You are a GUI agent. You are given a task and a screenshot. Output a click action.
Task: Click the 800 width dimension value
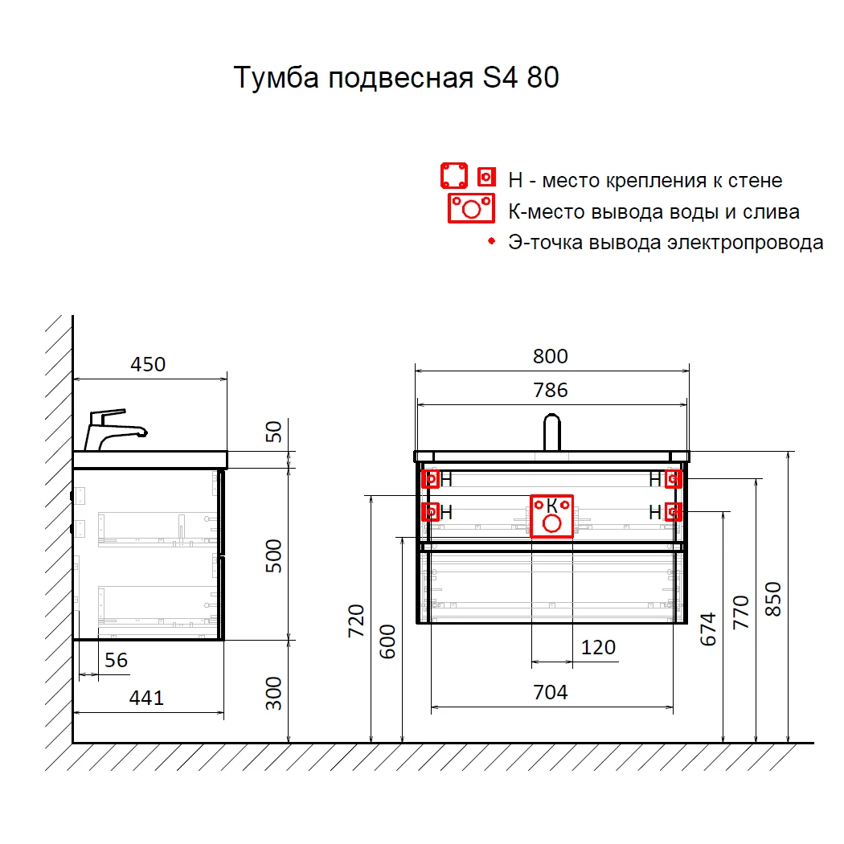tap(551, 356)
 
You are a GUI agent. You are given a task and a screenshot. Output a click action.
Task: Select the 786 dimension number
tap(551, 390)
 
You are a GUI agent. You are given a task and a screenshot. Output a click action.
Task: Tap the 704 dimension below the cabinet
tap(551, 692)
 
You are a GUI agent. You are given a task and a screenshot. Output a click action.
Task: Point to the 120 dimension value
tap(598, 647)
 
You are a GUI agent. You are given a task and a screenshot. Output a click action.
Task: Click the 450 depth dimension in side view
tap(148, 364)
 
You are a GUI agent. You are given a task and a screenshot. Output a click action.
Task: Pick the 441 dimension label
tap(146, 699)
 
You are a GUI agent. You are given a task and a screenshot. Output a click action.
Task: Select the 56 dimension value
tap(117, 660)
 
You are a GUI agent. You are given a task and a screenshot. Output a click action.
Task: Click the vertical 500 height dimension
tap(274, 554)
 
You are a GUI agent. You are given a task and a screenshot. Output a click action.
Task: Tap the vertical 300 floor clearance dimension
tap(274, 693)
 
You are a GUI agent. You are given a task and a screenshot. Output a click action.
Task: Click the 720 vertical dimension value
tap(356, 620)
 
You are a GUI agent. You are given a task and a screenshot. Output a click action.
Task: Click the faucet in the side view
tap(113, 430)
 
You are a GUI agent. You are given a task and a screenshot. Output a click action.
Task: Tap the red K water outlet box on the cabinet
tap(551, 515)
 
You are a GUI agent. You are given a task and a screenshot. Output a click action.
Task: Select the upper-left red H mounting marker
tap(432, 480)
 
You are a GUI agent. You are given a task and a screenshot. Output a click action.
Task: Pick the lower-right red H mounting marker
tap(674, 511)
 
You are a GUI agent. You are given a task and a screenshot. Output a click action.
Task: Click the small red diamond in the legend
tap(490, 241)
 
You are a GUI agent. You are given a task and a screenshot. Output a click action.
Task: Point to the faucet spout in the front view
tap(551, 431)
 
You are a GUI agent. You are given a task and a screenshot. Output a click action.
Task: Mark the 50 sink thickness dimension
tap(274, 432)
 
